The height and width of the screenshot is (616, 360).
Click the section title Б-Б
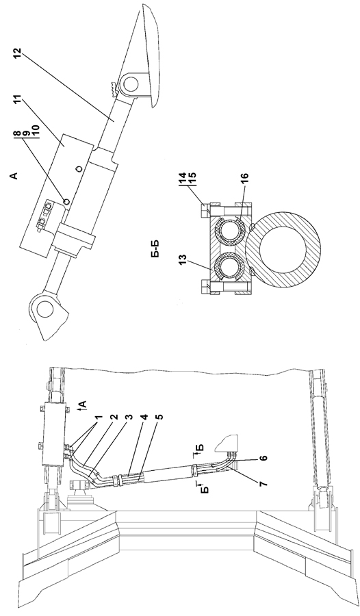[x=154, y=249]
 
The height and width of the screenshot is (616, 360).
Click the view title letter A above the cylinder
[x=14, y=176]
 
